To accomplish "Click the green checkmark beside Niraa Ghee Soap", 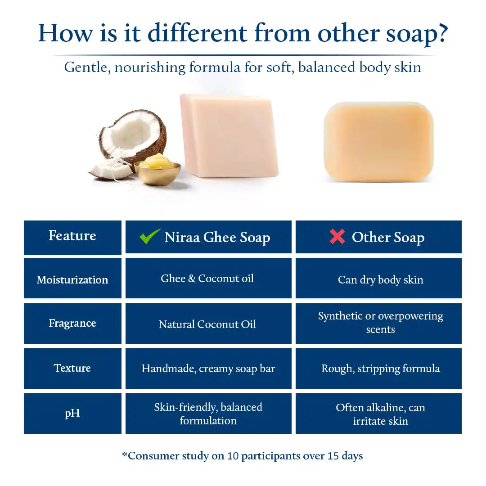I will tap(150, 236).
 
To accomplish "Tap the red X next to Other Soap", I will tap(337, 236).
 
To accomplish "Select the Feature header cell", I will tap(72, 236).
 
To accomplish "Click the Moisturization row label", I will tap(72, 279).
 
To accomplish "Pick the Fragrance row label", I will tap(72, 323).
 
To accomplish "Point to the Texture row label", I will tap(72, 368).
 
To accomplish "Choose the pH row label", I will tap(72, 413).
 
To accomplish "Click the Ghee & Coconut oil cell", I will tap(208, 279).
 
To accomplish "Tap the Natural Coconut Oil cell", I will tap(208, 324).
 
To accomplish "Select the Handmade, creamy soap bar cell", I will tap(208, 369).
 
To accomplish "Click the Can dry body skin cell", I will tap(380, 279).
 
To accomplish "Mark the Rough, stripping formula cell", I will tap(380, 369).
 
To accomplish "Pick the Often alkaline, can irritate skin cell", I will tap(380, 414).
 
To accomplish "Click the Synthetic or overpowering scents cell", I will tap(380, 323).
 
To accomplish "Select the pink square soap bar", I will tap(229, 135).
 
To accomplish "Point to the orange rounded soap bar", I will tap(378, 142).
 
